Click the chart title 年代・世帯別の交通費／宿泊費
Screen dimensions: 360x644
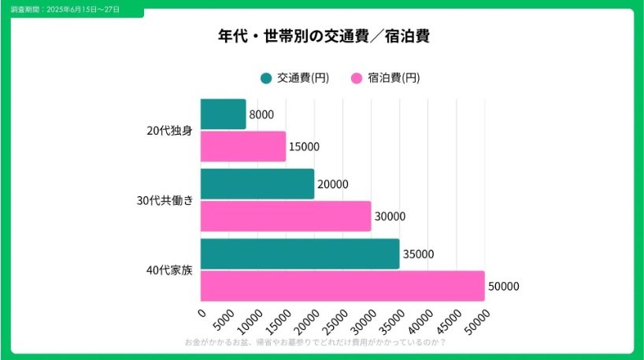[x=323, y=36]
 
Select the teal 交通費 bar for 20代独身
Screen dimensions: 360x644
[x=223, y=114]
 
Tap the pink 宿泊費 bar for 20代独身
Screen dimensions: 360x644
[x=242, y=147]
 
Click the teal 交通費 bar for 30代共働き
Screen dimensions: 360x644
[x=257, y=184]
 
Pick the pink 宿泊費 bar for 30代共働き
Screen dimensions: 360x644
[x=285, y=216]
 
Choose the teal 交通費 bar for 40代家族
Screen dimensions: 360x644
[x=299, y=254]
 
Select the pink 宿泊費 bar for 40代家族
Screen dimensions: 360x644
[x=342, y=286]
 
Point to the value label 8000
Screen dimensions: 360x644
[x=261, y=115]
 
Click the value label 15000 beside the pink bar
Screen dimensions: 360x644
[x=304, y=147]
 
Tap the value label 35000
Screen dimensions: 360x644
[x=418, y=254]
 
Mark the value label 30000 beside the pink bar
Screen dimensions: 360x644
[x=390, y=217]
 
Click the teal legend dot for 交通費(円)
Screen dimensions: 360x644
[x=266, y=78]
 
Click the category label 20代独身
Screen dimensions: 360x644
[x=169, y=131]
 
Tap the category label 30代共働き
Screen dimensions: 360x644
[x=165, y=200]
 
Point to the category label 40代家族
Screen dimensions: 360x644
[x=169, y=270]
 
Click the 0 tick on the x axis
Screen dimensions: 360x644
[x=202, y=314]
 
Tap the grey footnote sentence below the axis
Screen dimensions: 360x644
[x=315, y=343]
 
